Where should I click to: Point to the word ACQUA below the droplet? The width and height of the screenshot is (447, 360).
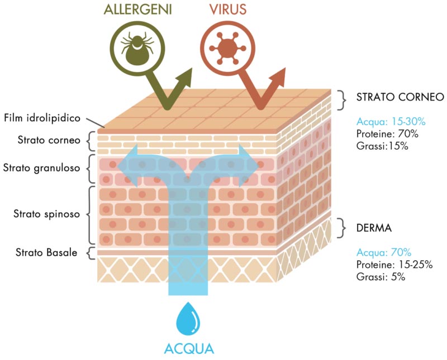pos(189,349)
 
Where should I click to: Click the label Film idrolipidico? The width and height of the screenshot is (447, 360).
pos(42,118)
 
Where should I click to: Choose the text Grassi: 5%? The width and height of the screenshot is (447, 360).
pos(378,277)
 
